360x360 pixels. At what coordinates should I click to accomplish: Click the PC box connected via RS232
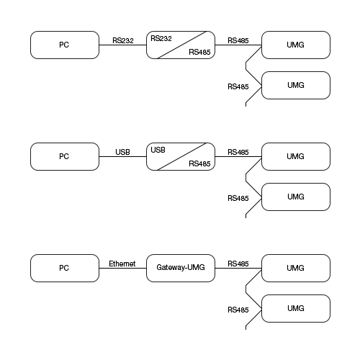pyautogui.click(x=65, y=45)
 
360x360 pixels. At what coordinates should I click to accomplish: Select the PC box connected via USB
pyautogui.click(x=65, y=156)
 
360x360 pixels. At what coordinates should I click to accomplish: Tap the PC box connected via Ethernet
pyautogui.click(x=65, y=268)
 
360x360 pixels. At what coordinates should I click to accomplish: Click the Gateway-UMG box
pyautogui.click(x=180, y=268)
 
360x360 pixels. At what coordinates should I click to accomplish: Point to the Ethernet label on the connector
pyautogui.click(x=122, y=264)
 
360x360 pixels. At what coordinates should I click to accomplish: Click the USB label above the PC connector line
pyautogui.click(x=122, y=152)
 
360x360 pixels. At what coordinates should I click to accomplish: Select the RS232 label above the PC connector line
pyautogui.click(x=123, y=40)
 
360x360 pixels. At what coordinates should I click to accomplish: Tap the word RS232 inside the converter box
pyautogui.click(x=161, y=37)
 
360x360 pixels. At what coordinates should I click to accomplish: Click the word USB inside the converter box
pyautogui.click(x=158, y=149)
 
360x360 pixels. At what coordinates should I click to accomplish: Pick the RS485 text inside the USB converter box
pyautogui.click(x=199, y=164)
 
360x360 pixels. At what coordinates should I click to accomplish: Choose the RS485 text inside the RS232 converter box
pyautogui.click(x=199, y=53)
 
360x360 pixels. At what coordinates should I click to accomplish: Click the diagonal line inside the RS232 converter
pyautogui.click(x=181, y=45)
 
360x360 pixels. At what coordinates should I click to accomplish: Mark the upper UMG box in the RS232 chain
pyautogui.click(x=296, y=45)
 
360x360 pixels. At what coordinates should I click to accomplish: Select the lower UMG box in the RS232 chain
pyautogui.click(x=296, y=85)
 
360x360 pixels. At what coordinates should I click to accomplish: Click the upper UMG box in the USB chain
pyautogui.click(x=296, y=156)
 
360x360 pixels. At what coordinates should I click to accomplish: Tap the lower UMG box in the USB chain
pyautogui.click(x=296, y=197)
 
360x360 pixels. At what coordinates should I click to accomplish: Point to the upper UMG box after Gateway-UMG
pyautogui.click(x=296, y=268)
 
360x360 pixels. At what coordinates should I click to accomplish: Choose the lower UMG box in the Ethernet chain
pyautogui.click(x=296, y=308)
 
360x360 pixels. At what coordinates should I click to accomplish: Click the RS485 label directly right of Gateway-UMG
pyautogui.click(x=238, y=264)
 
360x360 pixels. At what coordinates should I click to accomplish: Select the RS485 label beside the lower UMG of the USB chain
pyautogui.click(x=238, y=198)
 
